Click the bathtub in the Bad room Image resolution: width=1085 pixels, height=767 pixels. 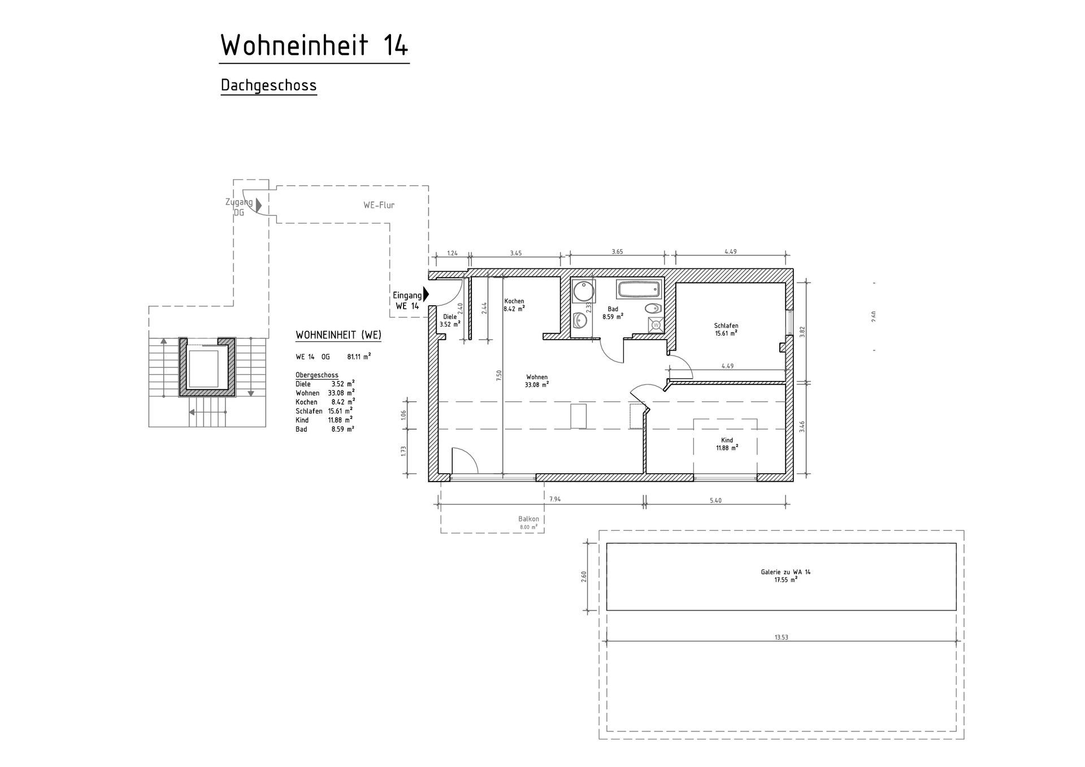click(x=639, y=290)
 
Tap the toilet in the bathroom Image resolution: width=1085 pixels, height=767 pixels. click(x=653, y=309)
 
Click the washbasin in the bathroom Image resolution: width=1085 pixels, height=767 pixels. click(x=579, y=321)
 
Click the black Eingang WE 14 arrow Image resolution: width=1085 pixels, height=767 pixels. click(x=426, y=294)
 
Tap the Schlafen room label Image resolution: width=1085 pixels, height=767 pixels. click(x=726, y=330)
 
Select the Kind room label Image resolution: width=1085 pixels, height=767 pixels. click(x=727, y=444)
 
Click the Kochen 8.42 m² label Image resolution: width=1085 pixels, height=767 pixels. click(x=514, y=305)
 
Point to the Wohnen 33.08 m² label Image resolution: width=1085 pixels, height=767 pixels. click(x=537, y=381)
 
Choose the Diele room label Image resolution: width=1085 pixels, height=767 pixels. click(x=450, y=320)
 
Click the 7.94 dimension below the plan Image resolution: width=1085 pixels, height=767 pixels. click(x=555, y=499)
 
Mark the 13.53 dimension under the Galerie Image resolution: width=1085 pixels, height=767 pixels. click(x=781, y=637)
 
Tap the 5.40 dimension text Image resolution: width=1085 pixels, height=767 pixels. click(x=715, y=500)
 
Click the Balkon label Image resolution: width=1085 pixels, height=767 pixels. click(x=529, y=519)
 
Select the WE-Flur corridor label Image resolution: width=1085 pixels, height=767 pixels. click(x=379, y=205)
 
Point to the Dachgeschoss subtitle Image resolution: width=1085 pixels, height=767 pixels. click(x=268, y=85)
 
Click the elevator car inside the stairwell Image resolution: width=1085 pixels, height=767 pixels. click(x=203, y=369)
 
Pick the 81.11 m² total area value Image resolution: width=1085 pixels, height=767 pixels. click(x=359, y=357)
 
